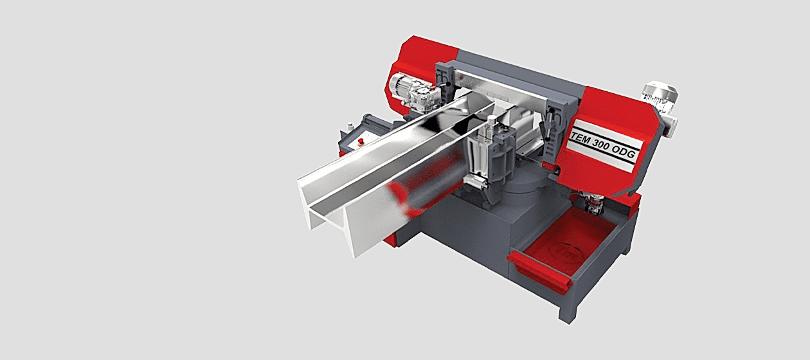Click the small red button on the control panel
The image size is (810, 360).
[x=361, y=139]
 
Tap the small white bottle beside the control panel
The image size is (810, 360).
[x=350, y=126]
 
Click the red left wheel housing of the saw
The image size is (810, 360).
[x=415, y=58]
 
